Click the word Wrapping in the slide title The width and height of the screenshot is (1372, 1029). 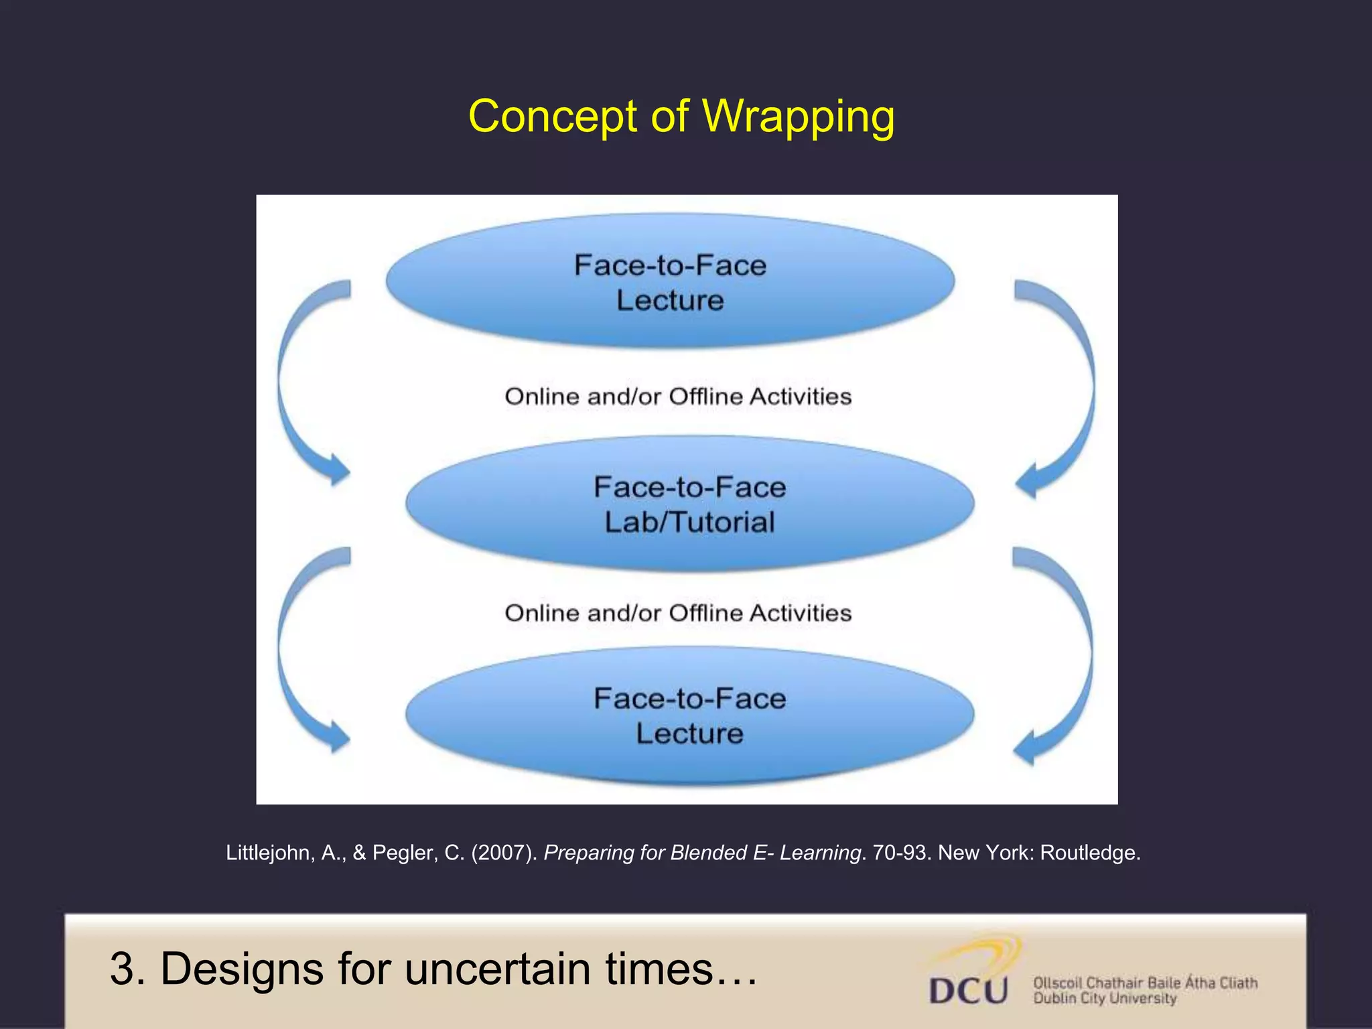click(798, 117)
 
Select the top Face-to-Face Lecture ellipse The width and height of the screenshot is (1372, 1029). click(670, 281)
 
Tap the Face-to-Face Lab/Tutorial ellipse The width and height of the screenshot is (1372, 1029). click(689, 504)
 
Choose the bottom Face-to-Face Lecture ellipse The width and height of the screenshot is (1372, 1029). click(689, 715)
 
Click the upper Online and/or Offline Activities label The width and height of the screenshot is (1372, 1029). click(678, 397)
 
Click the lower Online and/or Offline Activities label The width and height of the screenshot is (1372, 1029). click(678, 613)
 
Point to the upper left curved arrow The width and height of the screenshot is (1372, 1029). click(301, 382)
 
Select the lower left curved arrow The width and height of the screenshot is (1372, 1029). click(301, 650)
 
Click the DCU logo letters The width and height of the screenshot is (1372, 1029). click(968, 990)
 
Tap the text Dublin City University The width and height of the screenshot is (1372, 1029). click(1105, 999)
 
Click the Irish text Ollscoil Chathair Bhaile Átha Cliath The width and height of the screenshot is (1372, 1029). click(1145, 983)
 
